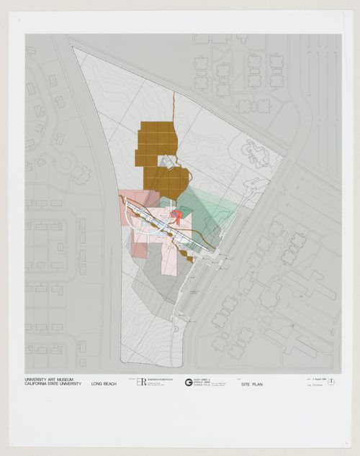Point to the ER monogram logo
pyautogui.click(x=141, y=382)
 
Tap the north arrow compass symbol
pyautogui.click(x=330, y=380)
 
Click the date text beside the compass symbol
pyautogui.click(x=314, y=380)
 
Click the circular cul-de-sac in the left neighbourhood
pyautogui.click(x=66, y=163)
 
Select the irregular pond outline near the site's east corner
pyautogui.click(x=254, y=152)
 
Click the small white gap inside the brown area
pyautogui.click(x=167, y=163)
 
